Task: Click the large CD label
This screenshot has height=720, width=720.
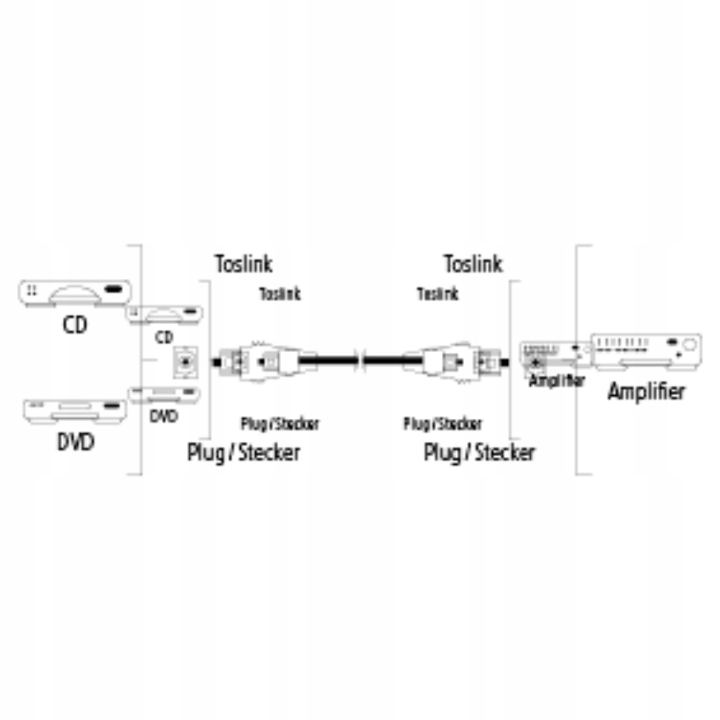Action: point(75,325)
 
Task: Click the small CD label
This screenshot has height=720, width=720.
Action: point(164,338)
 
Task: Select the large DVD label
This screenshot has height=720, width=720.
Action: point(75,442)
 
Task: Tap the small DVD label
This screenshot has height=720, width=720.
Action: point(163,416)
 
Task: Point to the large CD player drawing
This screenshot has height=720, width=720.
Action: point(74,293)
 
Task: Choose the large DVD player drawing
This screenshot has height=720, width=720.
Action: point(74,410)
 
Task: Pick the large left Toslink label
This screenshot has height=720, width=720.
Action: point(243,264)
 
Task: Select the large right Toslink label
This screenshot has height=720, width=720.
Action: point(473,264)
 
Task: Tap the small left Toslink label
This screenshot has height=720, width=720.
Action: point(280,294)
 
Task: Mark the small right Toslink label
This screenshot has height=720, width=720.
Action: point(438,294)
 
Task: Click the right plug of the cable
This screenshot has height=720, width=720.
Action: point(458,361)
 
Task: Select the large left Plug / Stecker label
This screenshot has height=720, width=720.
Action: point(243,452)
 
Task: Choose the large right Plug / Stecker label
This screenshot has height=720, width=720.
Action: point(479,452)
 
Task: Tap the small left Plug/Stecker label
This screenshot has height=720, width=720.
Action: point(279,424)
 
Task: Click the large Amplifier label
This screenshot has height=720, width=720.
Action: point(646,391)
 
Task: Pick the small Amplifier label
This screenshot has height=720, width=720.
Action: point(557,380)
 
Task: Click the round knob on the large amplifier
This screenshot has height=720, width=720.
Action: point(688,344)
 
